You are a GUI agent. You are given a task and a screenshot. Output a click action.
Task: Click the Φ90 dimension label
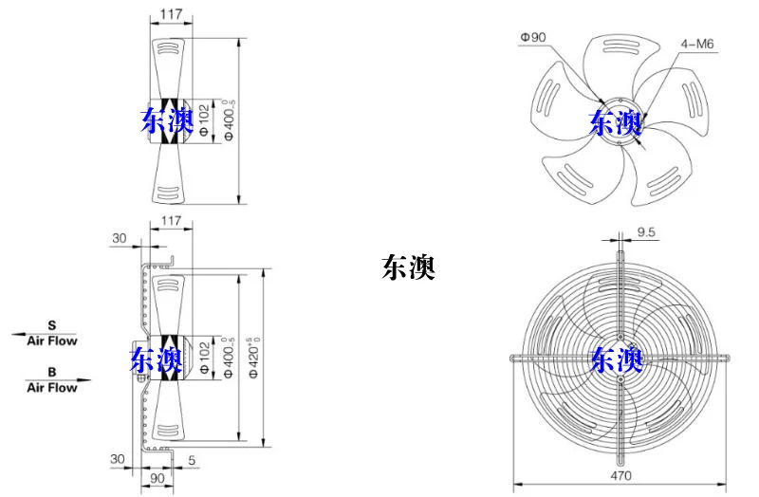533,37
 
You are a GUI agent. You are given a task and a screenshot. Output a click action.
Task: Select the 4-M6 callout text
697,44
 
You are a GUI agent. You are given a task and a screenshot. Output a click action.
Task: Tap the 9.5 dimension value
646,232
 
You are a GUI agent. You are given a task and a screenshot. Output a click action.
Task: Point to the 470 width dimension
620,475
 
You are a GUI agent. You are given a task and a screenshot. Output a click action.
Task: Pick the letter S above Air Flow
52,325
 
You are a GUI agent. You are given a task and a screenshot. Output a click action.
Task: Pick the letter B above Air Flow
52,372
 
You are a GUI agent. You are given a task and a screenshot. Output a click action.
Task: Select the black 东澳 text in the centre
408,267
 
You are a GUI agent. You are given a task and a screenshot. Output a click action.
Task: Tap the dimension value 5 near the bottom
192,460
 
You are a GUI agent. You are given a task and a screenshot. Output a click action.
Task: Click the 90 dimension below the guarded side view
157,479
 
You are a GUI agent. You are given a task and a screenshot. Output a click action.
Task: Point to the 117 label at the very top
172,14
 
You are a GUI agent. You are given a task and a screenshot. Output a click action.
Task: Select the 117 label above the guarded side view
172,221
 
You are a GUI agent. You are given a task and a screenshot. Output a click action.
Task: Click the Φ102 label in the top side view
204,120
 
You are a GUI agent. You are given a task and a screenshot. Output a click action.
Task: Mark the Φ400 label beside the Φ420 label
229,358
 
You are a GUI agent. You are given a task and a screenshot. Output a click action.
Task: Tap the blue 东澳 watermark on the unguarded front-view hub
615,123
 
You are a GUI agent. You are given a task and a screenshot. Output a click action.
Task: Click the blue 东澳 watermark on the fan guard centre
617,360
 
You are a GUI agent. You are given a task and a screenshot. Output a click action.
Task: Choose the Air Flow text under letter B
52,388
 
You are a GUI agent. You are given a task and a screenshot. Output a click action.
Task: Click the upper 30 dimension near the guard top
120,238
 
